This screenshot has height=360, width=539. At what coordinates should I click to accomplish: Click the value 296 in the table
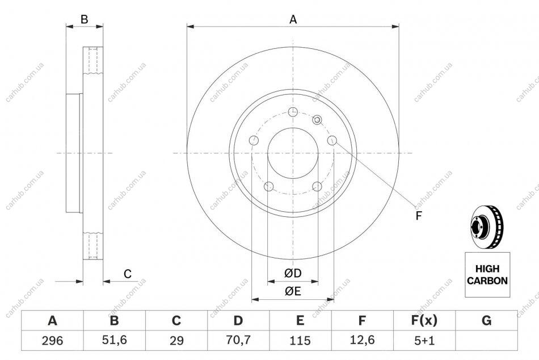(52, 341)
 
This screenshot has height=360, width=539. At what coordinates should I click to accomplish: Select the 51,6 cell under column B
(115, 340)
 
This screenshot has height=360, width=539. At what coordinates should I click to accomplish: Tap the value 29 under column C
(176, 341)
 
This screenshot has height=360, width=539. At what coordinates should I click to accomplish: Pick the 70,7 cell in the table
(238, 340)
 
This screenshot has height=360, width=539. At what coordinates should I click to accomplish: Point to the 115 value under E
(300, 341)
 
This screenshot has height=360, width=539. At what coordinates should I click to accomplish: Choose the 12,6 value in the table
(362, 340)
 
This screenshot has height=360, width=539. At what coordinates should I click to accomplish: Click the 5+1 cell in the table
(424, 341)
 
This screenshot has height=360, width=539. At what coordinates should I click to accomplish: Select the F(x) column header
(424, 320)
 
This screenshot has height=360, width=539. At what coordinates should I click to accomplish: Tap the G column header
(486, 320)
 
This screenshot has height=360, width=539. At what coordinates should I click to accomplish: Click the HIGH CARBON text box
(487, 275)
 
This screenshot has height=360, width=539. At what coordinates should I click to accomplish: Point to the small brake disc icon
(486, 228)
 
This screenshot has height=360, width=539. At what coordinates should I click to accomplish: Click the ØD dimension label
(293, 273)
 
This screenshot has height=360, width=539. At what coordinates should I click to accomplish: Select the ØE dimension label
(293, 291)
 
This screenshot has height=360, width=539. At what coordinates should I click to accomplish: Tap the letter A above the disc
(293, 20)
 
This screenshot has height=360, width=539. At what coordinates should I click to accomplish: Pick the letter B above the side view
(84, 20)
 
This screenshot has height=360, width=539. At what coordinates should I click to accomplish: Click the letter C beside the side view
(128, 274)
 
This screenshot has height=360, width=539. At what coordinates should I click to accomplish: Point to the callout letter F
(418, 216)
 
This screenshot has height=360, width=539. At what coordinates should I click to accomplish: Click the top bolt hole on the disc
(293, 112)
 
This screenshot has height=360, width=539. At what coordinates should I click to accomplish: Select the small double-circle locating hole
(317, 120)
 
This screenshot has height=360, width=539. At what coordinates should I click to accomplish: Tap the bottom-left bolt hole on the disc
(268, 187)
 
